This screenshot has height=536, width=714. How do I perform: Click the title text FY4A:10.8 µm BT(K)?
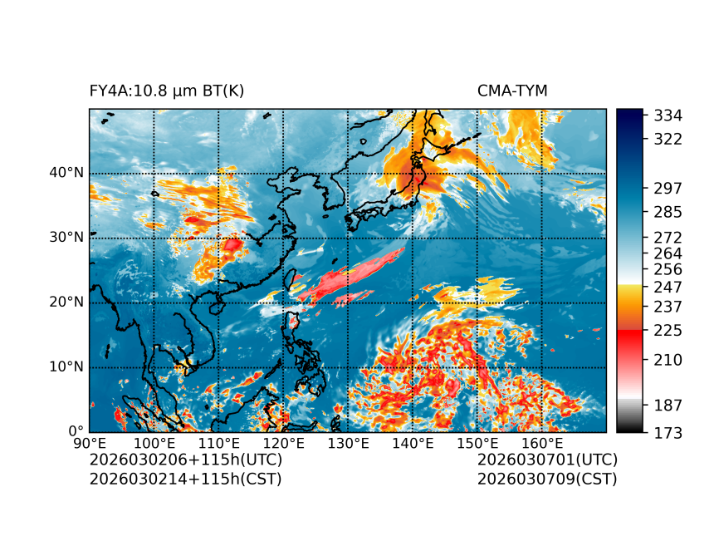(167, 91)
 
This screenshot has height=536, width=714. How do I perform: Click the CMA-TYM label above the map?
(512, 91)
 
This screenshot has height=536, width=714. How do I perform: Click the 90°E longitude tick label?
(90, 444)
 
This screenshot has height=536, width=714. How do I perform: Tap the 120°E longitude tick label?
(283, 444)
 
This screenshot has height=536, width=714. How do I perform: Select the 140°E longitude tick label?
(413, 444)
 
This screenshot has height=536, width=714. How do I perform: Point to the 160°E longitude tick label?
(542, 444)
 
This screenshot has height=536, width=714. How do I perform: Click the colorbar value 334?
(668, 115)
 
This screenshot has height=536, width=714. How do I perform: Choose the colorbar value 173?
(668, 432)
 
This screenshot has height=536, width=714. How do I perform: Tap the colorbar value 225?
(668, 331)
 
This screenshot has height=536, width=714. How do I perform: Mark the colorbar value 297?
(668, 189)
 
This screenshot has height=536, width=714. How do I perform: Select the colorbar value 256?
(668, 269)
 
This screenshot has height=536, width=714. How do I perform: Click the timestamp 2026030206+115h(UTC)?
(186, 460)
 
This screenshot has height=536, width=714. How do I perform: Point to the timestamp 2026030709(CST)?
(547, 478)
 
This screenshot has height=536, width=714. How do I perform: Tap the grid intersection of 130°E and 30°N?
(348, 238)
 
